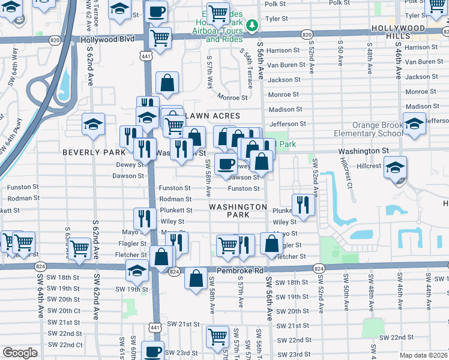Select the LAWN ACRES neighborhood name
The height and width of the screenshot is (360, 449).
coord(212,116)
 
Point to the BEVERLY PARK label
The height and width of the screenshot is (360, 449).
coord(90,152)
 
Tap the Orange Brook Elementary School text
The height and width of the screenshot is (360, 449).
coord(361,130)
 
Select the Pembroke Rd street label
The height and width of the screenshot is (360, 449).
coord(240,271)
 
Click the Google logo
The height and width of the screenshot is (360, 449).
coord(20,352)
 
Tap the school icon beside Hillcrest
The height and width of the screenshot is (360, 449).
coord(395,167)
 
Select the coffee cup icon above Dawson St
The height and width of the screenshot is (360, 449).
coord(226,164)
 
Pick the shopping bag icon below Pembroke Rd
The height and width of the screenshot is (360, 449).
coord(196,278)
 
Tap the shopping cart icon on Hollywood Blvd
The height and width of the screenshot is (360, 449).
coord(160,38)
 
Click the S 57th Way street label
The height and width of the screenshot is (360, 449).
coord(209,74)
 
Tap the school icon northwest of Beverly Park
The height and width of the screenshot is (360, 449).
coord(93,124)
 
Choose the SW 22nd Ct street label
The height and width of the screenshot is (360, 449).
coord(65,344)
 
